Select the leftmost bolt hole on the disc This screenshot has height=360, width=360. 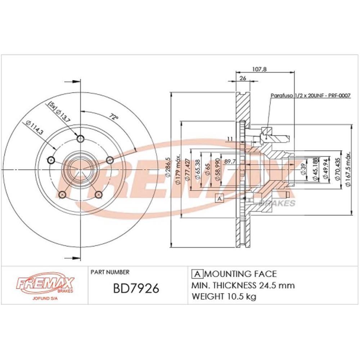tap(51, 160)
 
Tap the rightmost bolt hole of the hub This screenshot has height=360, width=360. tap(111, 160)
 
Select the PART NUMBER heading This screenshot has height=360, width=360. tap(110, 272)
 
